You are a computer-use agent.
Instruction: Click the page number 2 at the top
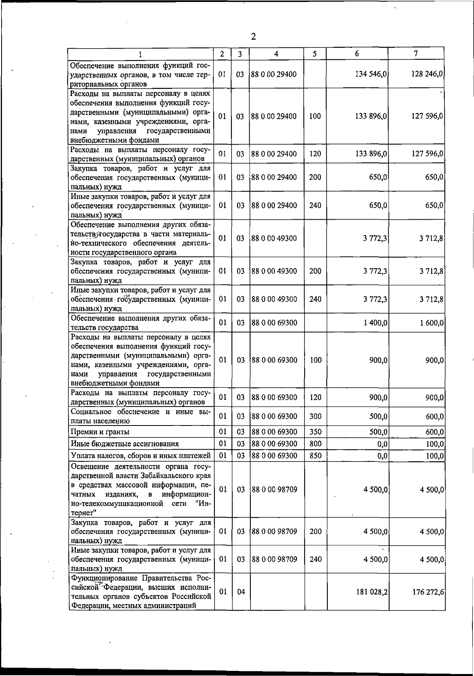click(253, 37)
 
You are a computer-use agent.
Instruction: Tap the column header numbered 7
click(416, 54)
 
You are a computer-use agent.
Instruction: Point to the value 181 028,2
click(372, 592)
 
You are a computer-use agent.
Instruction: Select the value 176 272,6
click(428, 592)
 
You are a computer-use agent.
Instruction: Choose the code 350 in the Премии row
click(315, 432)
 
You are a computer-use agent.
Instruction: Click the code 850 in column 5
click(315, 456)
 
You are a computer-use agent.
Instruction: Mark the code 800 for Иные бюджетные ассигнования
click(315, 444)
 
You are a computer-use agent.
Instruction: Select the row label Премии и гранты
click(100, 432)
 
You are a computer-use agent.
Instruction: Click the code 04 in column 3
click(241, 592)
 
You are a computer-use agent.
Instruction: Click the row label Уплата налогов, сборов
click(140, 456)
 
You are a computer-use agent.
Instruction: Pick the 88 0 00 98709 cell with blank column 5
click(274, 490)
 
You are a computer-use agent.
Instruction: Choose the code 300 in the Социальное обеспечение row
click(315, 416)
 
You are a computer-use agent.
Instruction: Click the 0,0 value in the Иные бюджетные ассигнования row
click(382, 444)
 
